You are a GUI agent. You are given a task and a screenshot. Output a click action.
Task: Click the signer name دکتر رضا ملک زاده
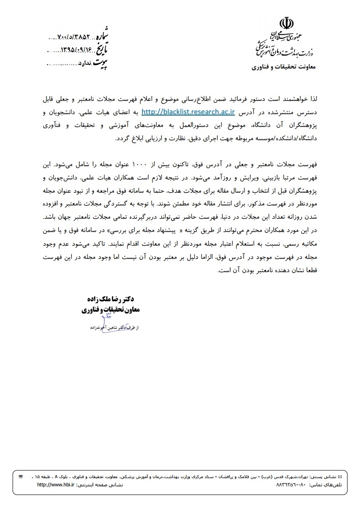pos(118,299)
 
